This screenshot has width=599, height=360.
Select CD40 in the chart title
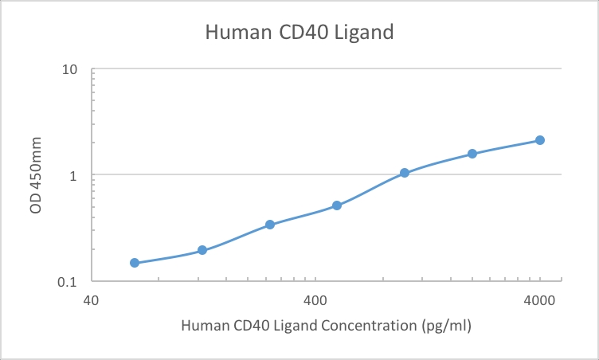pos(303,33)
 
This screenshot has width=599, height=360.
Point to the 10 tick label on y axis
pos(69,69)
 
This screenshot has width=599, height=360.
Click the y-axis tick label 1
pos(73,175)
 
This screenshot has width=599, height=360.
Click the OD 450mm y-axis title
pos(37,175)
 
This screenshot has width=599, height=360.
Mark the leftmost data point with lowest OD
pos(135,263)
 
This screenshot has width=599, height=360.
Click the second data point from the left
pos(202,250)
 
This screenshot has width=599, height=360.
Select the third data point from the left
pos(270,225)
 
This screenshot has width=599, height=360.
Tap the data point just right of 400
pos(337,205)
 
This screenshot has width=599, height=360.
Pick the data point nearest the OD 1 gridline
pos(405,173)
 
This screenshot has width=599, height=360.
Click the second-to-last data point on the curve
pos(472,154)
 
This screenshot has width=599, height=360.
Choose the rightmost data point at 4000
pos(540,140)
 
